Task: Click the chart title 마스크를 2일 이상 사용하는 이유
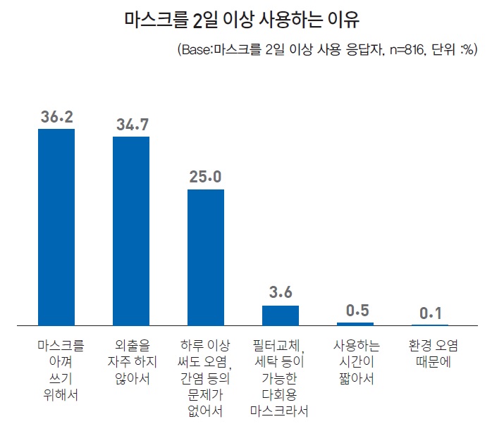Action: click(x=252, y=19)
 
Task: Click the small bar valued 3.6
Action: click(x=281, y=315)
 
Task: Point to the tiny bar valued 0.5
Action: click(x=355, y=323)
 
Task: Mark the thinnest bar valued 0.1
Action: click(x=430, y=325)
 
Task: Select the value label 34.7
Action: click(x=131, y=125)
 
